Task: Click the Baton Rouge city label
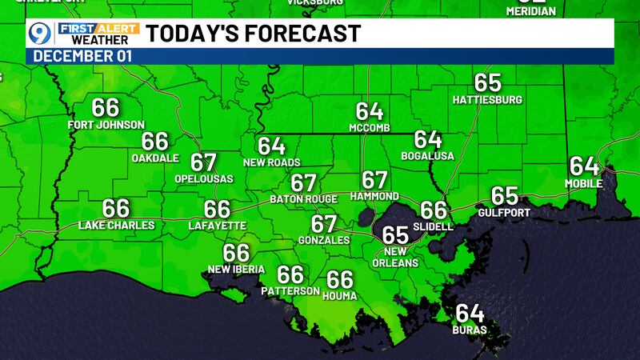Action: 303,198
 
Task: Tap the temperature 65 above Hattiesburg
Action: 487,83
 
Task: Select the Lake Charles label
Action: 116,226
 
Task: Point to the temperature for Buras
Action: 470,314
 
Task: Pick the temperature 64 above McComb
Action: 370,111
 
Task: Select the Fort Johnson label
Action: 106,125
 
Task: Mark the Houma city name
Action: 340,296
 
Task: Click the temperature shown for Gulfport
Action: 504,196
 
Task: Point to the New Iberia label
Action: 236,270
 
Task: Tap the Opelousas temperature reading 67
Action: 204,162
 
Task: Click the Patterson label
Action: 290,291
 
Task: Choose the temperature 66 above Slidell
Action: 434,210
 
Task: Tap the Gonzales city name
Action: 323,240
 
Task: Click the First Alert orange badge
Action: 98,28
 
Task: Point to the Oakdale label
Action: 155,158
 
